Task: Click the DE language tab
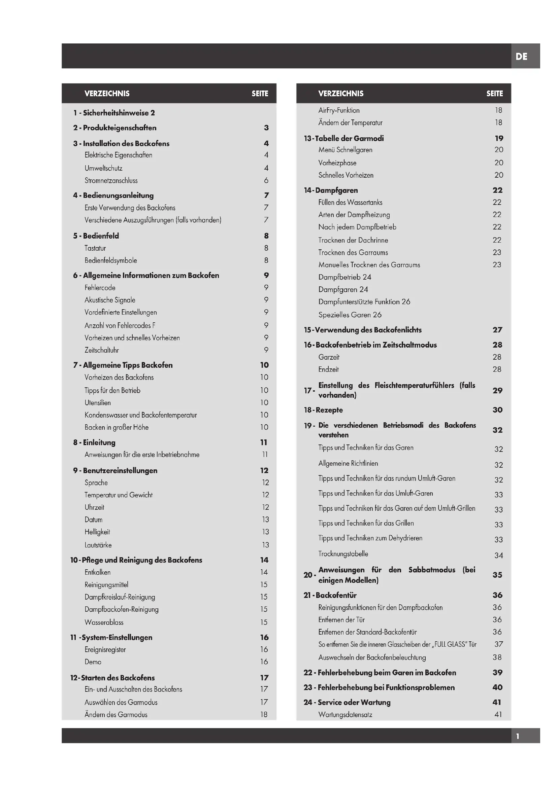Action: [521, 57]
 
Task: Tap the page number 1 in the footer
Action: [518, 736]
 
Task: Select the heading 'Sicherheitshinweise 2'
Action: [119, 113]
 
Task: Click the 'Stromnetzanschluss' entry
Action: [111, 181]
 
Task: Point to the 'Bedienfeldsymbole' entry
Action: [111, 260]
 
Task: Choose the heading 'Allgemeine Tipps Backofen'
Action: [128, 365]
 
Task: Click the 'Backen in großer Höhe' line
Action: [117, 427]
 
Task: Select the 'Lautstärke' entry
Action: [98, 545]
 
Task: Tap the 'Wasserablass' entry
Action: [104, 622]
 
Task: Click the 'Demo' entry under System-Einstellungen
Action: [93, 662]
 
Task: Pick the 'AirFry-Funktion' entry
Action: [339, 110]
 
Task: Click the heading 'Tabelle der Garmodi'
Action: [349, 139]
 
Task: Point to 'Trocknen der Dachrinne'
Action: [353, 240]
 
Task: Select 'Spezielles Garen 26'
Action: [350, 315]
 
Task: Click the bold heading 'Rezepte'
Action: [329, 410]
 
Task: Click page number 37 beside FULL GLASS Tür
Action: [499, 644]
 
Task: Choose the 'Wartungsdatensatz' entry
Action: [346, 715]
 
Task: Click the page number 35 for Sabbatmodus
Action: [497, 575]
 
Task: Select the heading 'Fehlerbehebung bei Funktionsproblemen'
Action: [386, 687]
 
